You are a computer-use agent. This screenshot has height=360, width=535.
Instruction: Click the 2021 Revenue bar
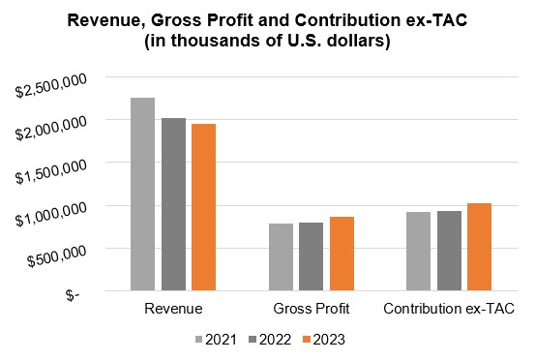coord(142,194)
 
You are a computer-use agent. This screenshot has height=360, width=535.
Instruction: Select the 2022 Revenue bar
coord(173,204)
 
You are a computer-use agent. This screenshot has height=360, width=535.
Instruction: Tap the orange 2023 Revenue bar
coord(203,207)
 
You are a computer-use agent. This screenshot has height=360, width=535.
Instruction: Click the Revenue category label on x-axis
coord(173,309)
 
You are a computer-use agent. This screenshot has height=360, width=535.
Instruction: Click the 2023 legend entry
coord(322,339)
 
